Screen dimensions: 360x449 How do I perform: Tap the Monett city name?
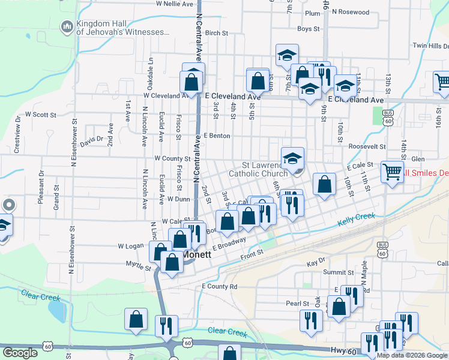pyautogui.click(x=197, y=254)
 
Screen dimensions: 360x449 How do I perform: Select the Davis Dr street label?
pyautogui.click(x=91, y=142)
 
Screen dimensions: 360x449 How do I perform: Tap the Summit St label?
pyautogui.click(x=334, y=272)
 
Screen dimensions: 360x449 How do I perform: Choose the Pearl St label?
pyautogui.click(x=297, y=304)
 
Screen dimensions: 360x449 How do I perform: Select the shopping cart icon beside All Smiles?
pyautogui.click(x=392, y=172)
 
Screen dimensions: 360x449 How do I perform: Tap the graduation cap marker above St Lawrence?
pyautogui.click(x=292, y=158)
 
